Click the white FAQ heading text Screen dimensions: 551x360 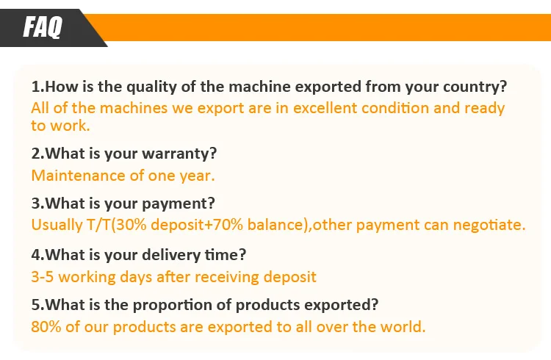click(43, 26)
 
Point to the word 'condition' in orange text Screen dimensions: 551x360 click(395, 108)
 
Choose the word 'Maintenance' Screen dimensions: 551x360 click(79, 176)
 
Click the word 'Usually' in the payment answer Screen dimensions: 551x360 click(57, 225)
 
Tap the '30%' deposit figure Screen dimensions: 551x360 click(131, 225)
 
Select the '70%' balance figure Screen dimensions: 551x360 click(228, 225)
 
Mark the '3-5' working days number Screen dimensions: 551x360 click(42, 277)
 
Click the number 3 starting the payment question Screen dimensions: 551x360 click(36, 204)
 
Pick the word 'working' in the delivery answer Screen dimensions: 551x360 click(87, 278)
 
